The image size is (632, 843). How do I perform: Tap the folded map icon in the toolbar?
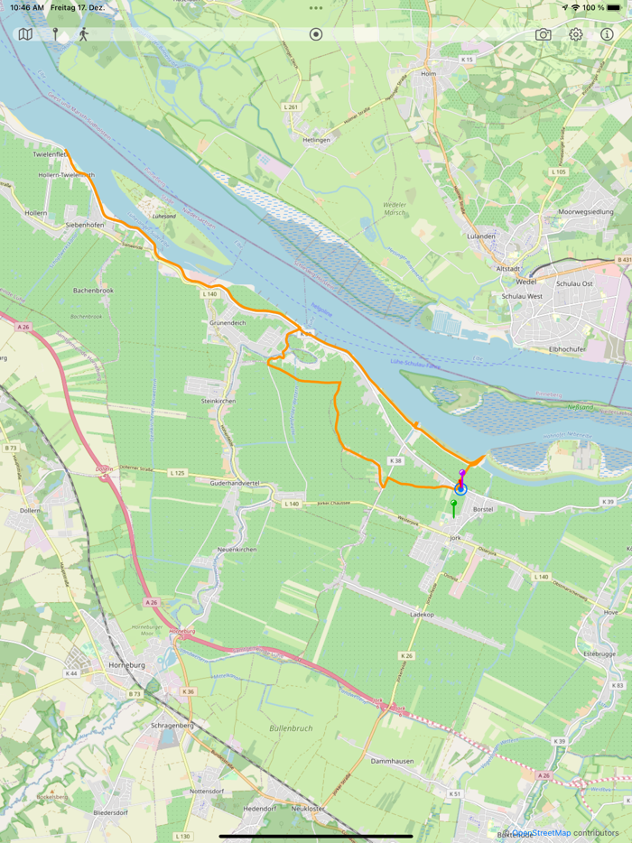[25, 34]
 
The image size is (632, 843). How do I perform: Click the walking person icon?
[84, 34]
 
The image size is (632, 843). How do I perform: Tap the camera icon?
[543, 34]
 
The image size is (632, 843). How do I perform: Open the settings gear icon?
[575, 34]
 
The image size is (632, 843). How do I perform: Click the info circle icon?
[608, 34]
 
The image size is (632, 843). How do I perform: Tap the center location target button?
[316, 34]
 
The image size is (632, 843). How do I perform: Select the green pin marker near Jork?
[453, 504]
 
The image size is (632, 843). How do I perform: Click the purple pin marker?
[462, 474]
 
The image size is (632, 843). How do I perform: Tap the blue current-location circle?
[460, 489]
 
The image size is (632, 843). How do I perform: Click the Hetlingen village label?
[316, 140]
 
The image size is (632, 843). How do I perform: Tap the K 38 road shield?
[394, 460]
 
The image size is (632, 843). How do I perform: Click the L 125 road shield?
[176, 473]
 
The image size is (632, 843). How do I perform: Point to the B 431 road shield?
[622, 261]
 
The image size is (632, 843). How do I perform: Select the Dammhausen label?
[392, 761]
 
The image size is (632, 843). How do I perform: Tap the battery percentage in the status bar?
[593, 7]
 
